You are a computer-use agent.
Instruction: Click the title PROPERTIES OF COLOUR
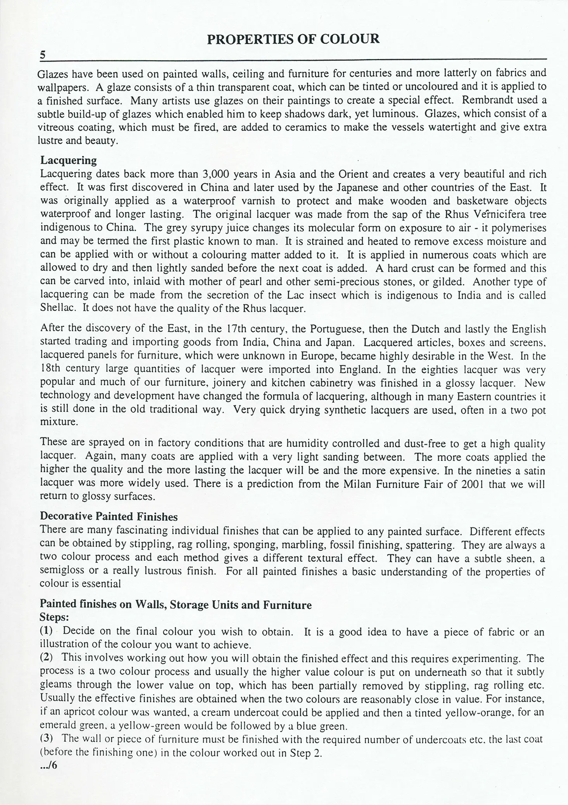click(x=293, y=39)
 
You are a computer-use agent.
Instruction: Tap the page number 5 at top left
click(x=43, y=55)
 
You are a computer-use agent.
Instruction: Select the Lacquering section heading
click(x=68, y=160)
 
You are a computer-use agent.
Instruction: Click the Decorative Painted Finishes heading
click(x=109, y=516)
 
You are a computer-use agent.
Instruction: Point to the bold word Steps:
click(x=55, y=617)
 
